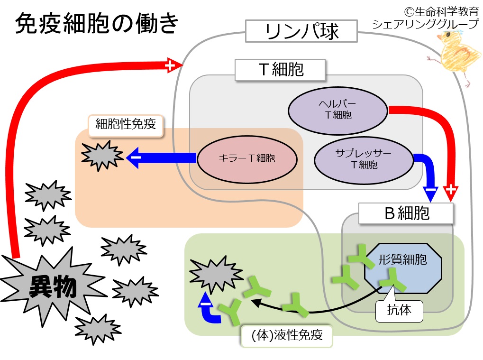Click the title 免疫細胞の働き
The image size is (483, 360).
(96, 23)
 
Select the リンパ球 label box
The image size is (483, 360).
(301, 31)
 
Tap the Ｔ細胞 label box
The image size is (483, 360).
(280, 70)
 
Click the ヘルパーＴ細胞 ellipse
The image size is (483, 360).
(338, 111)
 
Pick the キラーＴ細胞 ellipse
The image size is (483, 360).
(247, 159)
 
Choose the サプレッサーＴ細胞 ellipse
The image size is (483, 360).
(364, 160)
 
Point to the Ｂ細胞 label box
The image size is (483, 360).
(406, 213)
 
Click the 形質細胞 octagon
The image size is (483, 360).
(403, 268)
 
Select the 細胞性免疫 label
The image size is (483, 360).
(125, 125)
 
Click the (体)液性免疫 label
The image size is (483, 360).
(286, 335)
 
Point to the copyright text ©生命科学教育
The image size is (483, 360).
(441, 12)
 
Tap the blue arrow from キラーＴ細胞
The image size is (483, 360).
(162, 157)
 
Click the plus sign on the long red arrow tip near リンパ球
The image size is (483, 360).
(170, 65)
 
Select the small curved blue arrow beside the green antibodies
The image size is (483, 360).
(210, 308)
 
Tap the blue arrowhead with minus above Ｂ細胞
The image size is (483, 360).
(430, 194)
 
